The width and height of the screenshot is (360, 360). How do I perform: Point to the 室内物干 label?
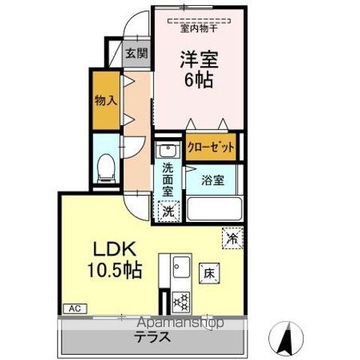point(199,29)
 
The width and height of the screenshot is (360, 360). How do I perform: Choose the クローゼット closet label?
point(211,146)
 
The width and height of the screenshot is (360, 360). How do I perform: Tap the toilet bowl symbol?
point(106,166)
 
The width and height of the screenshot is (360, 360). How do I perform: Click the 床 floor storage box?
point(208,274)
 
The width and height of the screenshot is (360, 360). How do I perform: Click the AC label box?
point(74,308)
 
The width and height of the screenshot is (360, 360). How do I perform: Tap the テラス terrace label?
point(151,338)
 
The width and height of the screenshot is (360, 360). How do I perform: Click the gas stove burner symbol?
point(181,301)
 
